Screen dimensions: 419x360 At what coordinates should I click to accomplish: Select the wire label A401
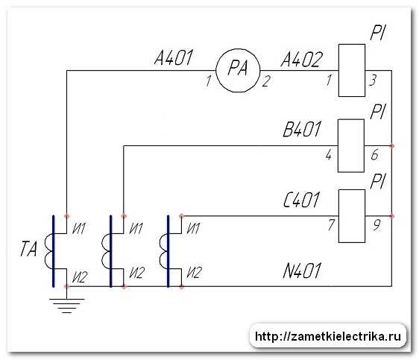[x=174, y=58]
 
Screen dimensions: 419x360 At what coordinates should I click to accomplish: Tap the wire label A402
[x=302, y=60]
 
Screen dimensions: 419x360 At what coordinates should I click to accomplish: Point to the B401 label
[x=302, y=129]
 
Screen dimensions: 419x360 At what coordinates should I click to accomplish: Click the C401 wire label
[x=302, y=200]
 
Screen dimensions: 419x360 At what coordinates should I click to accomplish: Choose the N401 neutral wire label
[x=302, y=271]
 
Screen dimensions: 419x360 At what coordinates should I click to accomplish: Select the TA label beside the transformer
[x=28, y=249]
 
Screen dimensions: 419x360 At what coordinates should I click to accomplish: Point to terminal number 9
[x=377, y=225]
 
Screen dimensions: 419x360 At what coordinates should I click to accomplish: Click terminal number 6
[x=375, y=154]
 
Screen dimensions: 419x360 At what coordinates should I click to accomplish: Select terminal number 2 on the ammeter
[x=266, y=81]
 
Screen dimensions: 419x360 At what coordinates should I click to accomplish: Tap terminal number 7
[x=331, y=225]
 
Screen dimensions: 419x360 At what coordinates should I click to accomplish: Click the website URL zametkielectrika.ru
[x=328, y=336]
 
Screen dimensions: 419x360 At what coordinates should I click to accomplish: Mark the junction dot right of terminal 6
[x=391, y=146]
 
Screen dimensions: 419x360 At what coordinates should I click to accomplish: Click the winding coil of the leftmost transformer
[x=48, y=251]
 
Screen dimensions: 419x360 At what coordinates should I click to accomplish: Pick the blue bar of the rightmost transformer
[x=168, y=251]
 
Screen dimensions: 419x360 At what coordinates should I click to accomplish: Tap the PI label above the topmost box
[x=377, y=33]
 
